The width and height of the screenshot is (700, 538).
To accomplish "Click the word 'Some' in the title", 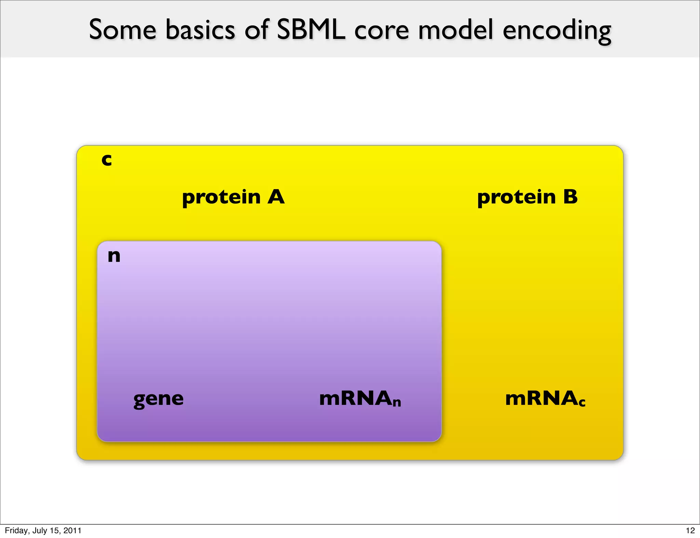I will [123, 30].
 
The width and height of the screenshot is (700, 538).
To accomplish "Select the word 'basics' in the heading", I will [200, 30].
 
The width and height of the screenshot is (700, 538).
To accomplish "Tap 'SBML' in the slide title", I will [311, 30].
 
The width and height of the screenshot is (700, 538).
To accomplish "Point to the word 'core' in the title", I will [381, 30].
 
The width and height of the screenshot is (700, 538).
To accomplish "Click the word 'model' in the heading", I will [456, 30].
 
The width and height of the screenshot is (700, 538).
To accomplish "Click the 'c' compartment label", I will [107, 160].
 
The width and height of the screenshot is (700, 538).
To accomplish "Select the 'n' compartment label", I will [114, 256].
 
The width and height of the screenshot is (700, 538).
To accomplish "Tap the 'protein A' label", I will [233, 197].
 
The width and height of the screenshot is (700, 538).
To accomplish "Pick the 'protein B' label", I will [527, 197].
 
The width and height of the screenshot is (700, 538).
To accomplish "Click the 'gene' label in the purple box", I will [159, 399].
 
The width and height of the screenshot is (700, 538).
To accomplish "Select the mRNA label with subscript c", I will [545, 398].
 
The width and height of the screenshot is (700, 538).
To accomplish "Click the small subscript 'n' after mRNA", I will [396, 403].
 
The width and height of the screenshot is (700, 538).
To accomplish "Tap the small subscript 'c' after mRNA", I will [582, 403].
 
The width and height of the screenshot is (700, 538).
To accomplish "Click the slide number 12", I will [690, 530].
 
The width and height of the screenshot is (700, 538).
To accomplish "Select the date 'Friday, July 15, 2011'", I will [43, 530].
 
